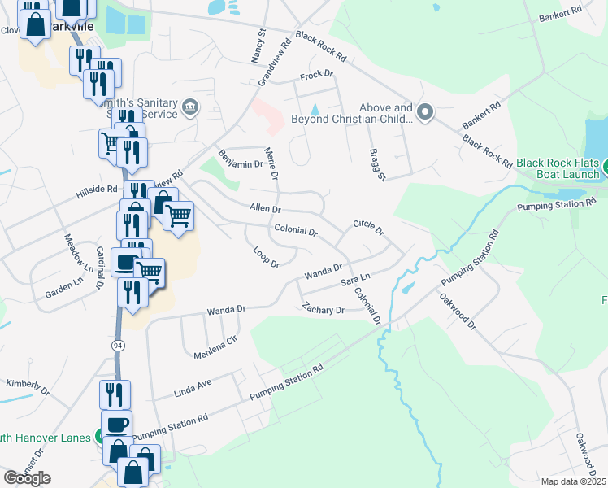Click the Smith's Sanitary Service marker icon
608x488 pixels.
[190, 107]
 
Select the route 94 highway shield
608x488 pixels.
[119, 345]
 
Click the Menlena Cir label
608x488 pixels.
[215, 347]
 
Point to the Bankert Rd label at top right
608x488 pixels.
[566, 13]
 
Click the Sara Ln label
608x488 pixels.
[350, 279]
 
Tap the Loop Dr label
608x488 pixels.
[266, 258]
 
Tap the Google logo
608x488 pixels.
[28, 477]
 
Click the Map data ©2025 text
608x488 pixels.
[572, 481]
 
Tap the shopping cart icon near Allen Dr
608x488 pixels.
[178, 216]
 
